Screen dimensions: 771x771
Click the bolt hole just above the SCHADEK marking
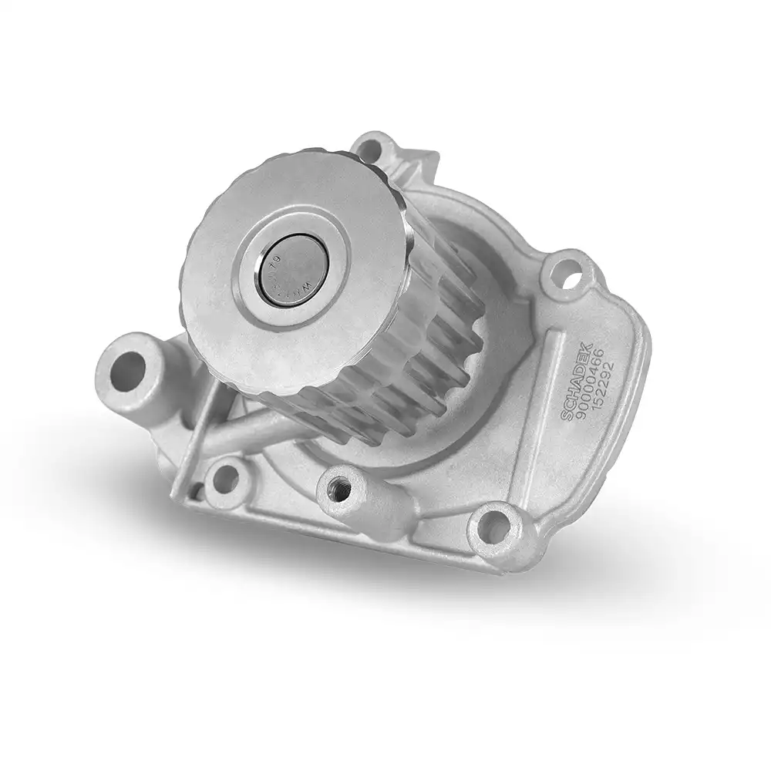coord(567,274)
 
